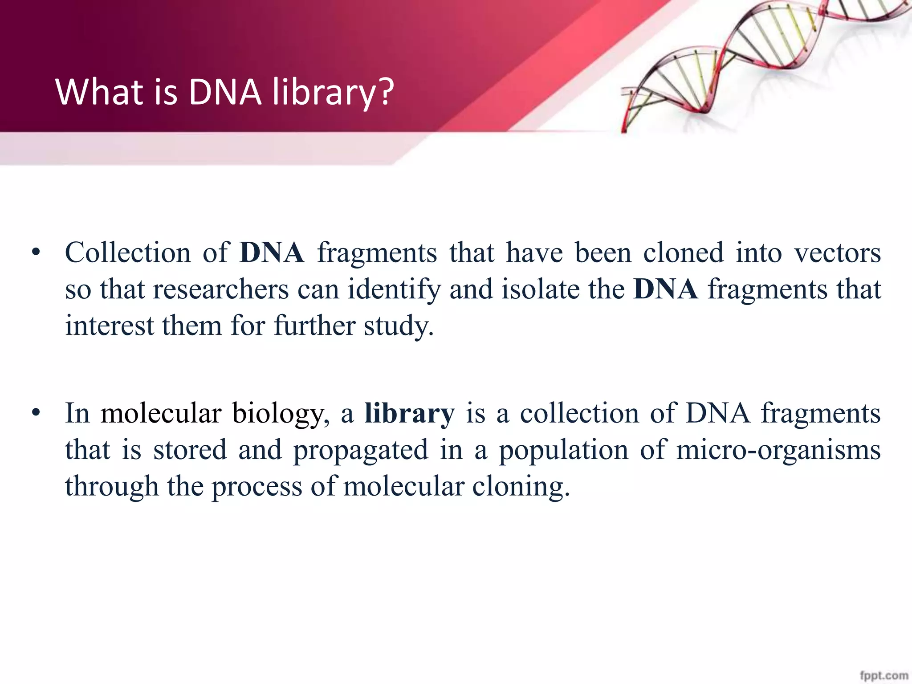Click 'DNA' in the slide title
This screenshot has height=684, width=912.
point(224,92)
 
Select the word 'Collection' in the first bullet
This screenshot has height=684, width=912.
point(128,253)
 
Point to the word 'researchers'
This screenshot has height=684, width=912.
point(221,289)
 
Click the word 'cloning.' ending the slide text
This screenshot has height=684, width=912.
point(521,486)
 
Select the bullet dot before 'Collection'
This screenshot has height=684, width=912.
point(36,253)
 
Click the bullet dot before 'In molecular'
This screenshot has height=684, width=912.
point(36,414)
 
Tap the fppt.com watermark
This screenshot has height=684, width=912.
point(883,676)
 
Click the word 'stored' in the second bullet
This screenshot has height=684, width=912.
point(190,450)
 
